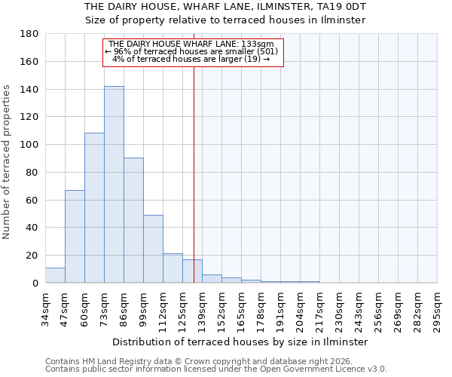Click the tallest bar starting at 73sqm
point(114,185)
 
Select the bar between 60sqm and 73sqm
point(94,208)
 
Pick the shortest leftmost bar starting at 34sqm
point(55,275)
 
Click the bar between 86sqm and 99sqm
point(133,220)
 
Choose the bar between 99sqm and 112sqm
point(153,249)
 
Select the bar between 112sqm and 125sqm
point(173,268)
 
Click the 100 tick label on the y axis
point(30,145)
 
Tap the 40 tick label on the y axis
point(33,228)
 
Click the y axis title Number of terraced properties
point(7,161)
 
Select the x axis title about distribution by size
point(241,342)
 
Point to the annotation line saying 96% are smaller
point(192,51)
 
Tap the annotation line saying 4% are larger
point(192,59)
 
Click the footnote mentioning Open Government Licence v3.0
point(216,369)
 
